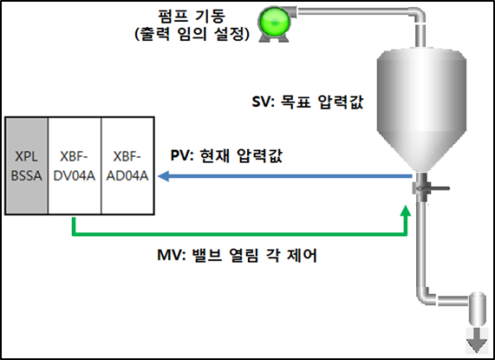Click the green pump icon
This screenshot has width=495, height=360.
(278, 18)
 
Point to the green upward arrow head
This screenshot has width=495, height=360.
(406, 208)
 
